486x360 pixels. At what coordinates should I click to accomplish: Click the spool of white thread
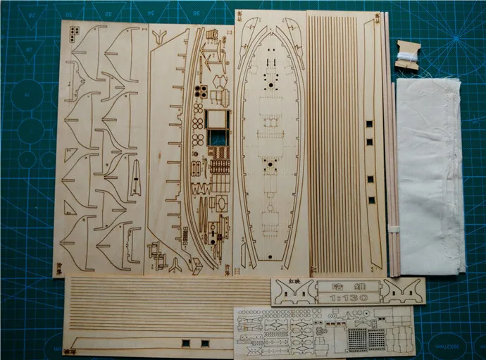(406, 53)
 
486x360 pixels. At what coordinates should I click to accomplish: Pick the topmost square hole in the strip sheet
(368, 125)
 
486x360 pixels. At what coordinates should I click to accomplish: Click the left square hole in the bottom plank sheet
(186, 343)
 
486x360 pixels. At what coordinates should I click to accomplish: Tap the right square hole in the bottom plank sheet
(204, 343)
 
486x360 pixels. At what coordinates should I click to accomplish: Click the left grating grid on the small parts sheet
(357, 339)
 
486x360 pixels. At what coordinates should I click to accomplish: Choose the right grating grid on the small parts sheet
(378, 339)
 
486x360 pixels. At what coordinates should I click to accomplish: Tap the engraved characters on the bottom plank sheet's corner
(70, 349)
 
